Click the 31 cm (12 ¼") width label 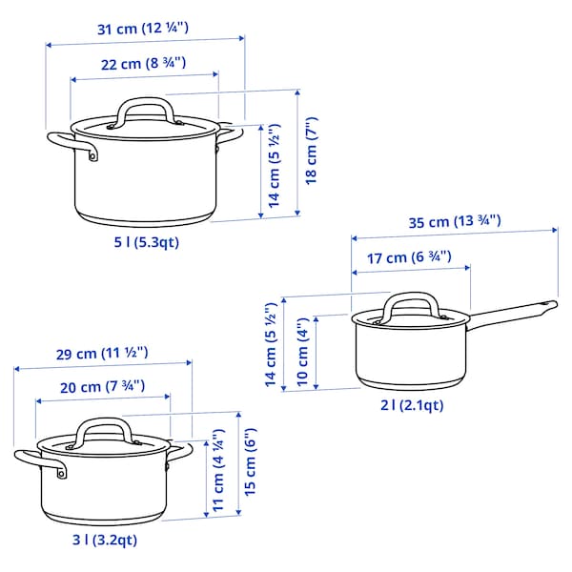(x=143, y=28)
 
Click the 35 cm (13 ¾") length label (x=454, y=221)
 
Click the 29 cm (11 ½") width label (x=101, y=353)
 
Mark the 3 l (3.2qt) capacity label (x=105, y=541)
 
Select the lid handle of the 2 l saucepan (x=409, y=304)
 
